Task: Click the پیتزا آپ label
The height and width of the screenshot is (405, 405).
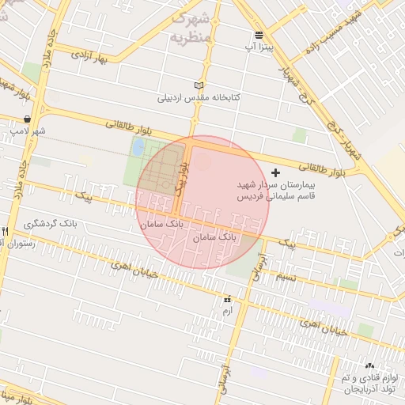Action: (x=259, y=47)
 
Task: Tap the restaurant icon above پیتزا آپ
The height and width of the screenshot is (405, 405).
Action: (x=259, y=35)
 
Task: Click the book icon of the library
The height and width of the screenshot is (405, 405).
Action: (x=199, y=85)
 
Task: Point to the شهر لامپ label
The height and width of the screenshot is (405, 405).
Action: (x=28, y=131)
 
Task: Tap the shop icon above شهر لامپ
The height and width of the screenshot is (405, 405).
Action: (x=28, y=119)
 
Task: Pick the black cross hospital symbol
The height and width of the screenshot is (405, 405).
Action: (x=275, y=172)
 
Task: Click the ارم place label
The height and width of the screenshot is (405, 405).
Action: (x=228, y=312)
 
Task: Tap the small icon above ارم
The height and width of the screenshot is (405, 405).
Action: (x=228, y=300)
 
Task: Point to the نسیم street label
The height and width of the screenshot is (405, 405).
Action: (x=286, y=277)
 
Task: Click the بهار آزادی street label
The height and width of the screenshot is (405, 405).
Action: (x=89, y=56)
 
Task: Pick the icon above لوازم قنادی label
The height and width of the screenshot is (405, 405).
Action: (x=369, y=365)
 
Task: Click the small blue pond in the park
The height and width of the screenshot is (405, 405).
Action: (x=138, y=147)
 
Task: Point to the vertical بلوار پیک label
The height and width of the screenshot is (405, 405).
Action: (x=184, y=178)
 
